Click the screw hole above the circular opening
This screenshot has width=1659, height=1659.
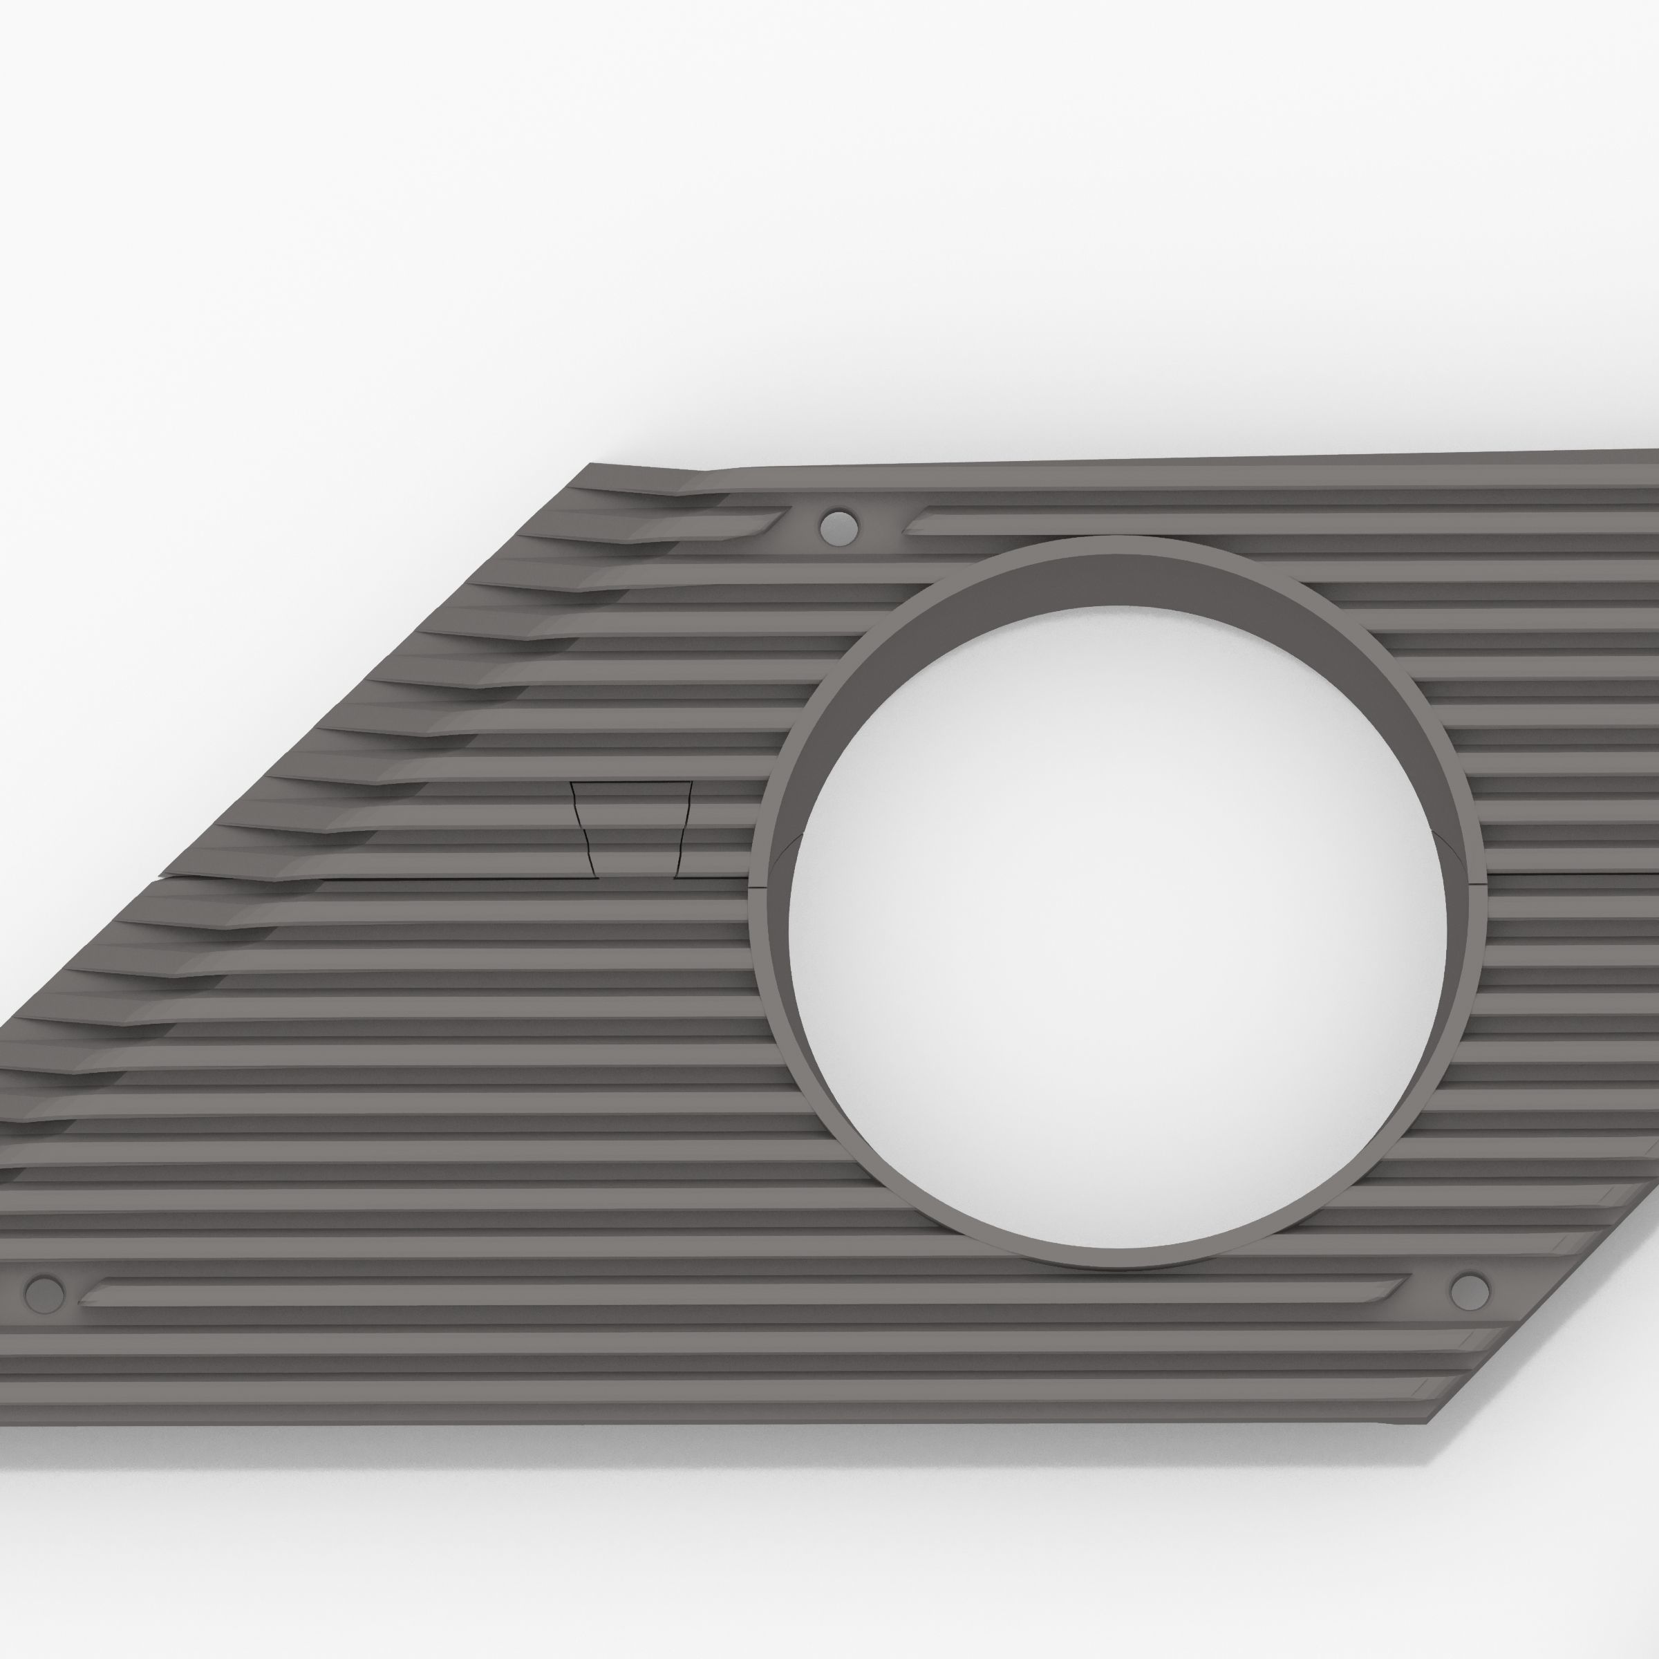[838, 525]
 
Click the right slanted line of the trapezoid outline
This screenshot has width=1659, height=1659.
[684, 829]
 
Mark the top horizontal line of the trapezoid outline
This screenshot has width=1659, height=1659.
[631, 782]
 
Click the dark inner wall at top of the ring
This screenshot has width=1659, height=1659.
[1116, 575]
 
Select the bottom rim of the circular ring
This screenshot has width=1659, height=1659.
[1116, 1259]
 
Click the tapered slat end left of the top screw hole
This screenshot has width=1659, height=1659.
[769, 521]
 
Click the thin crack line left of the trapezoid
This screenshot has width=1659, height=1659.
[429, 880]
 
